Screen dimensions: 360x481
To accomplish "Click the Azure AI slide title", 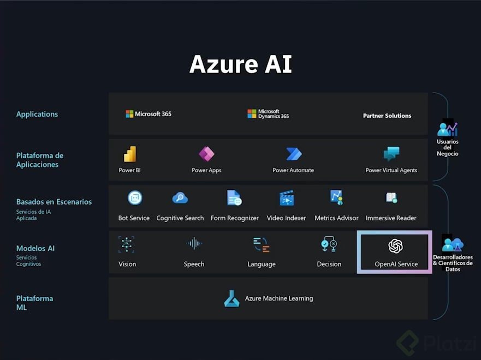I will (240, 64).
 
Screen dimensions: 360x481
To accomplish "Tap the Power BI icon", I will (130, 154).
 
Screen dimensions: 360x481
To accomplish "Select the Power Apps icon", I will (206, 154).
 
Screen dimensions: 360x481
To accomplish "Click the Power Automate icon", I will (294, 154).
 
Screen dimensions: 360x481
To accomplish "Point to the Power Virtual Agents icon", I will (391, 154).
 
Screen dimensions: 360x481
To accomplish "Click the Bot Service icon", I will (134, 198).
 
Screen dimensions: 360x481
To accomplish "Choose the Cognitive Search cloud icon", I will (180, 198).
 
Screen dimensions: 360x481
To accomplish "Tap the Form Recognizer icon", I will (234, 198).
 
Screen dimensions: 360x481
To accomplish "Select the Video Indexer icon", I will (287, 198).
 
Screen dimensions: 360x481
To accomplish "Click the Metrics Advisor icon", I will (336, 197).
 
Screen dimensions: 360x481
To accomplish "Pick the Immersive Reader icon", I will (391, 198).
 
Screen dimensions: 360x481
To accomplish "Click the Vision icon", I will (127, 244).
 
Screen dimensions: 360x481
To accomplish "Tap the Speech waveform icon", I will (194, 244).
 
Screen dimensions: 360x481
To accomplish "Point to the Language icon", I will (262, 244).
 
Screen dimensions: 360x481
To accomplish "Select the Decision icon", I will (329, 244).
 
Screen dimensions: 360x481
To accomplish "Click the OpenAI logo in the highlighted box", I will (396, 247).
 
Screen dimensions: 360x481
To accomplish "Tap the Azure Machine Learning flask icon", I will (231, 298).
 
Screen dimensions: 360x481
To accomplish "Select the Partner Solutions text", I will (387, 116).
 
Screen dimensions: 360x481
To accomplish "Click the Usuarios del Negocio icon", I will (447, 129).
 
